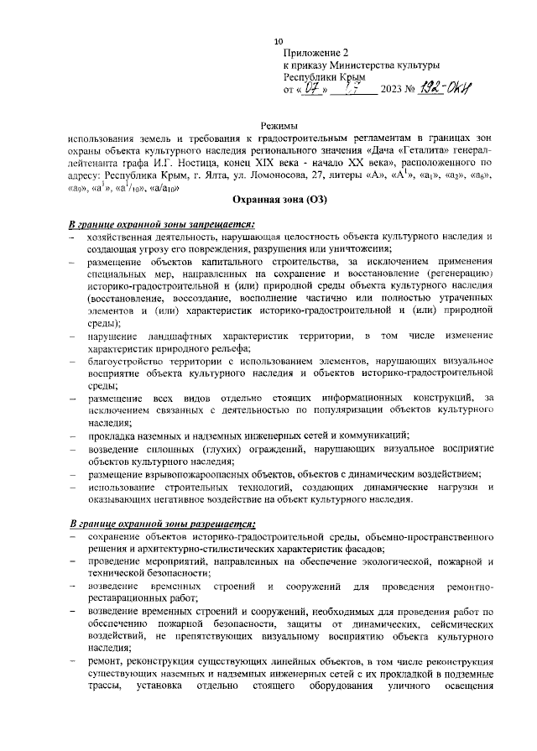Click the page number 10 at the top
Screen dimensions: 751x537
pos(279,41)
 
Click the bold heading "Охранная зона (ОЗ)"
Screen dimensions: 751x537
pos(279,201)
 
